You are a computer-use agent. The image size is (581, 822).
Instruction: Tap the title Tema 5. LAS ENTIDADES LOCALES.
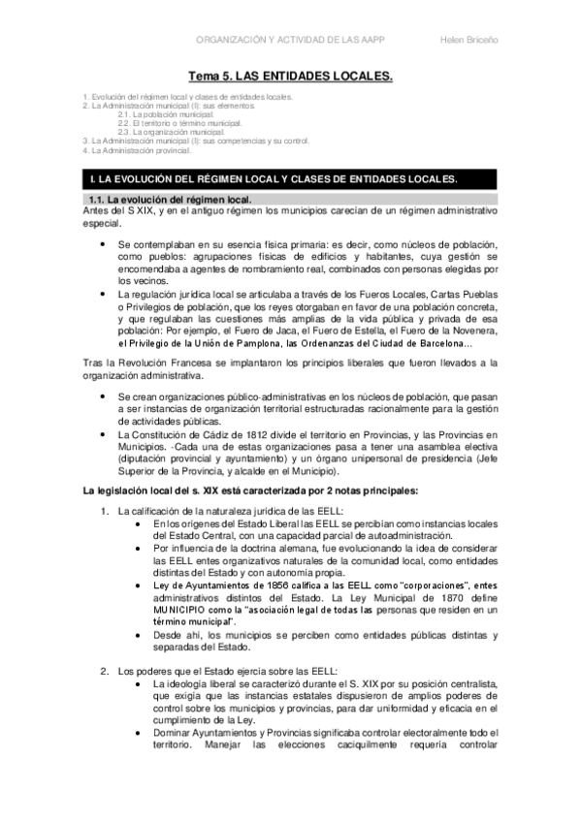coord(290,75)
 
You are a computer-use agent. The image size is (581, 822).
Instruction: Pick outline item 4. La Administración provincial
coord(136,150)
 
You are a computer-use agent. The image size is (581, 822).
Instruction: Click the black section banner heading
coord(290,179)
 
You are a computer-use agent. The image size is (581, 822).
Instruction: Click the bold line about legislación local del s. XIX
coord(250,490)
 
